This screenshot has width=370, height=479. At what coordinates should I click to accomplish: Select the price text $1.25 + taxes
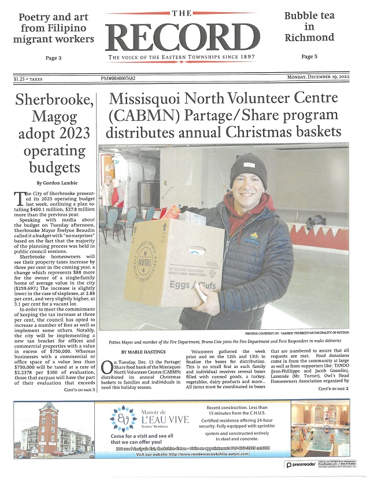click(x=32, y=79)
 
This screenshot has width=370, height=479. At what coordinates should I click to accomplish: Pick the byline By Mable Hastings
click(x=141, y=351)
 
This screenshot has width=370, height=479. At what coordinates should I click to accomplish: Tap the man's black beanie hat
click(x=248, y=170)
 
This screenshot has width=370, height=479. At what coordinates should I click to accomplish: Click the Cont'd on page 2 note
click(x=333, y=389)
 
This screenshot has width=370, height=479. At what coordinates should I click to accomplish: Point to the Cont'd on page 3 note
click(x=79, y=391)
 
